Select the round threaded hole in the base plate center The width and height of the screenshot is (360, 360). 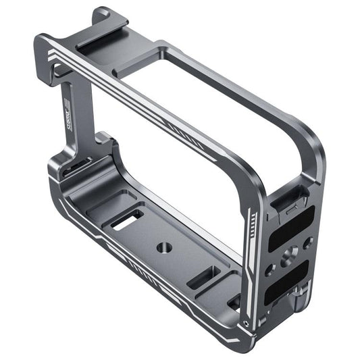pos(163,247)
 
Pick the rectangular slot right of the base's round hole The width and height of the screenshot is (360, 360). pos(202,277)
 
